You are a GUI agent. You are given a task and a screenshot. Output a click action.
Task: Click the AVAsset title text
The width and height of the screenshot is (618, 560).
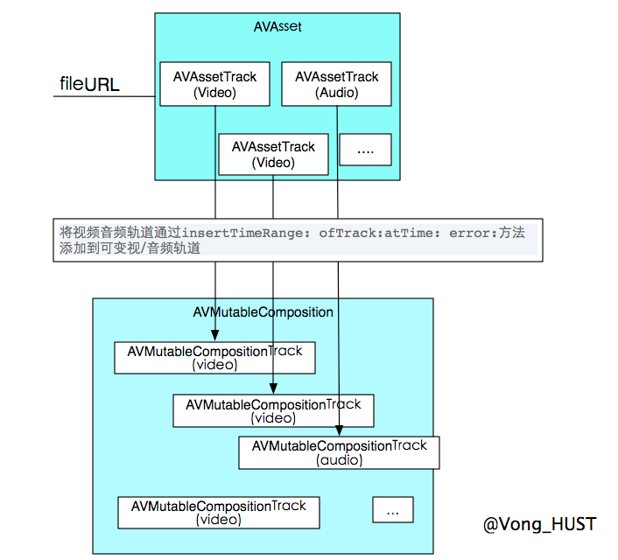[x=277, y=27]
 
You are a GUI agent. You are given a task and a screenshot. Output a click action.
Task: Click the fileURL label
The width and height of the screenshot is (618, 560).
[x=89, y=85]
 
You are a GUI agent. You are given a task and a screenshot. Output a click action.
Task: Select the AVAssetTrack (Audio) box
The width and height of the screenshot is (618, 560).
[x=336, y=84]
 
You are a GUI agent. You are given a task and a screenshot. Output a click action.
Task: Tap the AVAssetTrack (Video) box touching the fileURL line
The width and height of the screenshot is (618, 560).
[x=214, y=84]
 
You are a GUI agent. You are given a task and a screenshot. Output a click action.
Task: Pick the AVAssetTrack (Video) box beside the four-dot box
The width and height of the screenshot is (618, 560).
[x=273, y=155]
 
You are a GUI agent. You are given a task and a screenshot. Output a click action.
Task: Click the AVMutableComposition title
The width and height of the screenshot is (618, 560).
[x=263, y=311]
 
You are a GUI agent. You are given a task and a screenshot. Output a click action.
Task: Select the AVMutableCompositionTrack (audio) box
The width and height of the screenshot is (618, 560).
[x=339, y=452]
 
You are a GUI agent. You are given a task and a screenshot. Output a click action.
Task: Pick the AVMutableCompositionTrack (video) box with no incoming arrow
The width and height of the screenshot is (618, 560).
[x=219, y=513]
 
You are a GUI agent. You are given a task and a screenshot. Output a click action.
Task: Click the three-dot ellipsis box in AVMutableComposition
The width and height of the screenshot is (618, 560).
[x=392, y=510]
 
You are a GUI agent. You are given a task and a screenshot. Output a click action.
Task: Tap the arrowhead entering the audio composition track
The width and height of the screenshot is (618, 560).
[x=339, y=432]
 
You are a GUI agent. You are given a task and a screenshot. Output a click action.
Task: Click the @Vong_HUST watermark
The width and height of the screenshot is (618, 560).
[x=539, y=524]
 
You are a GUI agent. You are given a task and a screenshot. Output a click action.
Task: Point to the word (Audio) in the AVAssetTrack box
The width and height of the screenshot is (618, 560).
[x=336, y=92]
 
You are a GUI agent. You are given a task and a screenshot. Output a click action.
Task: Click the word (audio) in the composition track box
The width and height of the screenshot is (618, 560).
[x=339, y=459]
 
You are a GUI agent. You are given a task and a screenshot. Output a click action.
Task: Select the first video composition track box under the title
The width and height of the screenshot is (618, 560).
[x=214, y=358]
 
